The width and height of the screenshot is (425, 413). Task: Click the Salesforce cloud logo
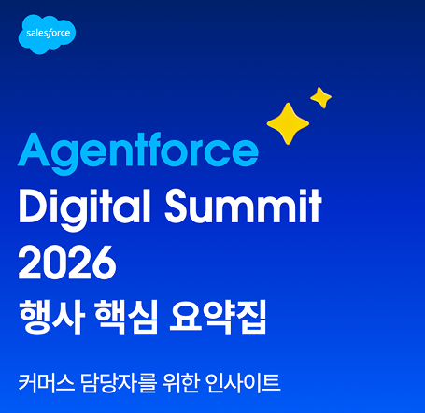47,34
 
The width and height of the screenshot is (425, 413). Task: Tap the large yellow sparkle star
288,123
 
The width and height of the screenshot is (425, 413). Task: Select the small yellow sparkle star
320,98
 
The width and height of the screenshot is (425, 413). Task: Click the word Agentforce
138,152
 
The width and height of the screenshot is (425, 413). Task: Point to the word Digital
85,208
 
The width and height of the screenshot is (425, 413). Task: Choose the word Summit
243,206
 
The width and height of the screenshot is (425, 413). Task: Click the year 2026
67,263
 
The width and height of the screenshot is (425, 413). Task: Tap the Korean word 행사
51,317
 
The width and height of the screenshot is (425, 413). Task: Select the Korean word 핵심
126,317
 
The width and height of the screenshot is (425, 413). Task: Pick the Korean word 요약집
218,317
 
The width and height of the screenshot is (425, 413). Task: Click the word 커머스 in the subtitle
47,382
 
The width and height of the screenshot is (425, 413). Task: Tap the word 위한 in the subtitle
180,382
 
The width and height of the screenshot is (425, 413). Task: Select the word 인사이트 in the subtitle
243,382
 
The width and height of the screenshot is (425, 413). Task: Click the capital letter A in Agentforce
34,150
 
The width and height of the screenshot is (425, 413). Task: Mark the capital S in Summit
178,206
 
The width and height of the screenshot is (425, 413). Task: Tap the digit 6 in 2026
105,263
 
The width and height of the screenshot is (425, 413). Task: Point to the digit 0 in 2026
55,263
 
